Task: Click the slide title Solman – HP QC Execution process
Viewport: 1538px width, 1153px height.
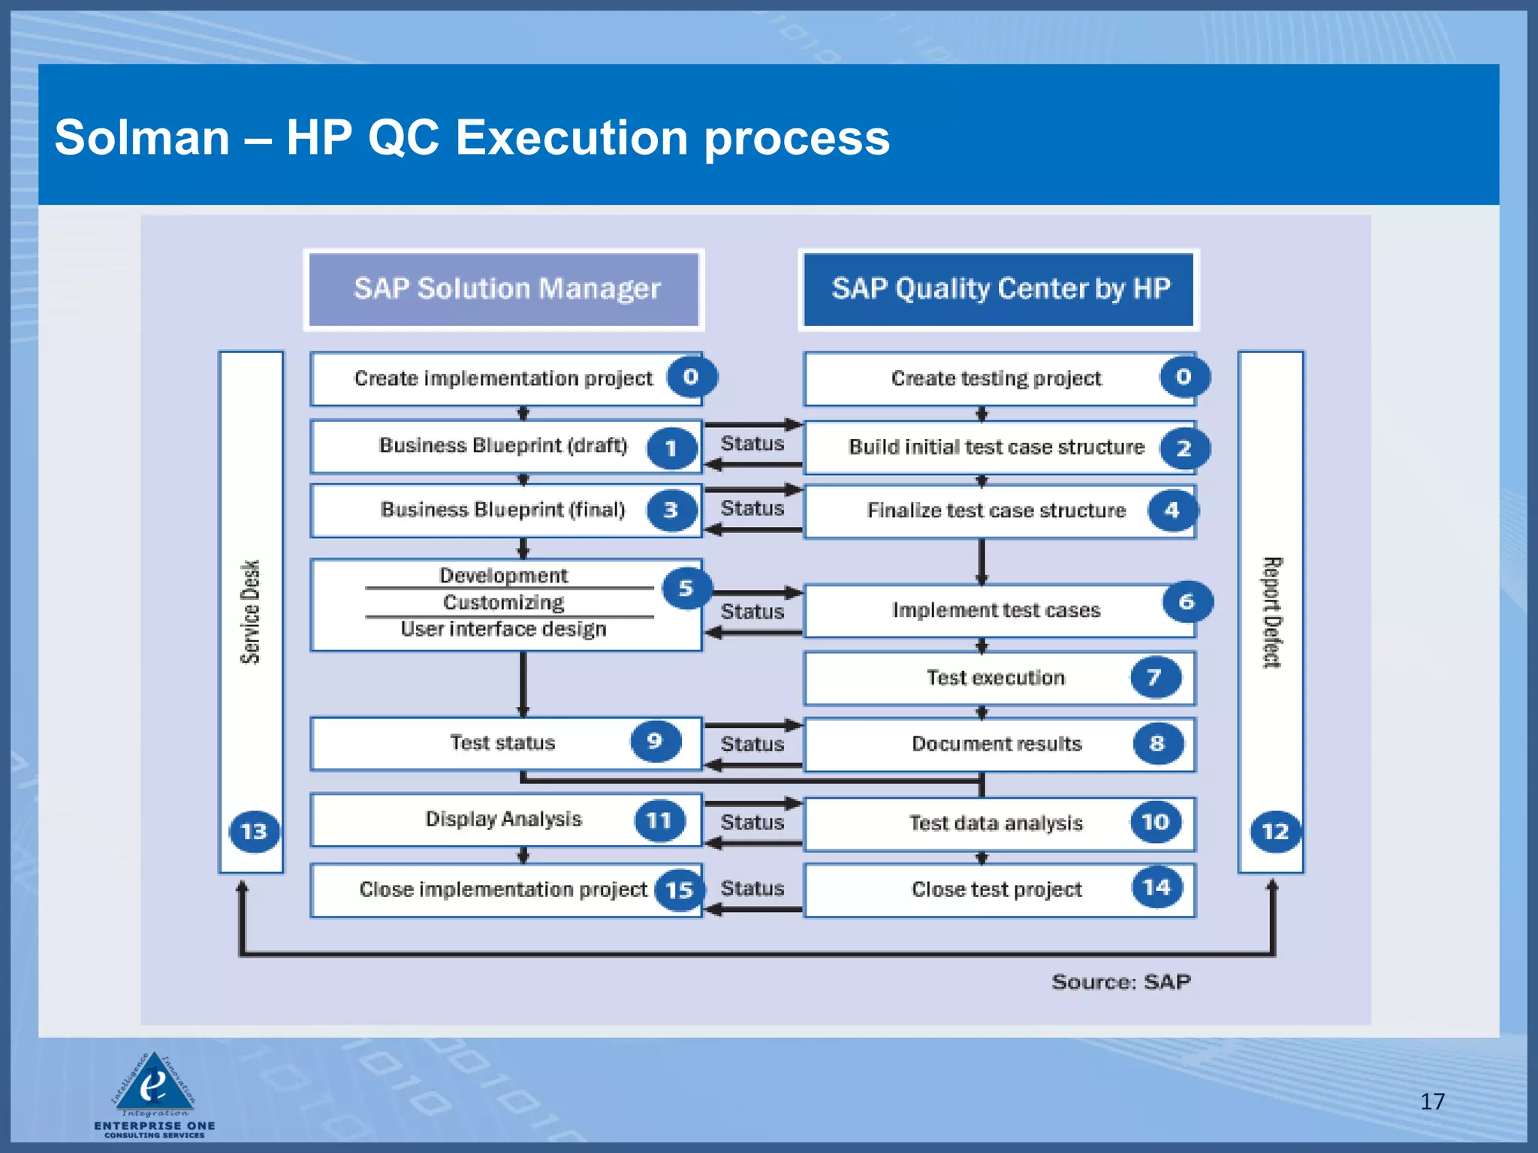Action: [x=472, y=138]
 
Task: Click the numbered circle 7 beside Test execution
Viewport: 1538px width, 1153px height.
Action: [x=1155, y=678]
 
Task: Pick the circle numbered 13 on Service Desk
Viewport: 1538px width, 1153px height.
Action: [x=254, y=831]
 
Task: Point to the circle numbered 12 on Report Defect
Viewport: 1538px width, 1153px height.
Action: [x=1274, y=831]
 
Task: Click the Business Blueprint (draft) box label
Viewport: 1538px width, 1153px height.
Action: [x=502, y=446]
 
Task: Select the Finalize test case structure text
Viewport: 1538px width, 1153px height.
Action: [x=996, y=511]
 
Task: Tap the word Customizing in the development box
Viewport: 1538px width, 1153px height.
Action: [x=503, y=603]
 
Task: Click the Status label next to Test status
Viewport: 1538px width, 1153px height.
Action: [x=752, y=744]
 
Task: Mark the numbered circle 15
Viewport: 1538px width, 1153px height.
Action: [x=679, y=890]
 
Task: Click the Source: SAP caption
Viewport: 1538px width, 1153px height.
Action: [x=1120, y=982]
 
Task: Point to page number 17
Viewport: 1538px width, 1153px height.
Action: [x=1432, y=1101]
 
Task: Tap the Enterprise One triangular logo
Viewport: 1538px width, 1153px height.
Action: [x=154, y=1084]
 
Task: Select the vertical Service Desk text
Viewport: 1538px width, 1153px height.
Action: [x=250, y=612]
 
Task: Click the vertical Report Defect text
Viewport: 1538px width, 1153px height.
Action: [x=1271, y=612]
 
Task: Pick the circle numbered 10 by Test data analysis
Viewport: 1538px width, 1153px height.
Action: [x=1155, y=823]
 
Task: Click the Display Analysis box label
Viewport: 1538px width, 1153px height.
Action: [x=503, y=819]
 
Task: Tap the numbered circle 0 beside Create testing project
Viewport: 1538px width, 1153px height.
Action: [x=1184, y=377]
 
